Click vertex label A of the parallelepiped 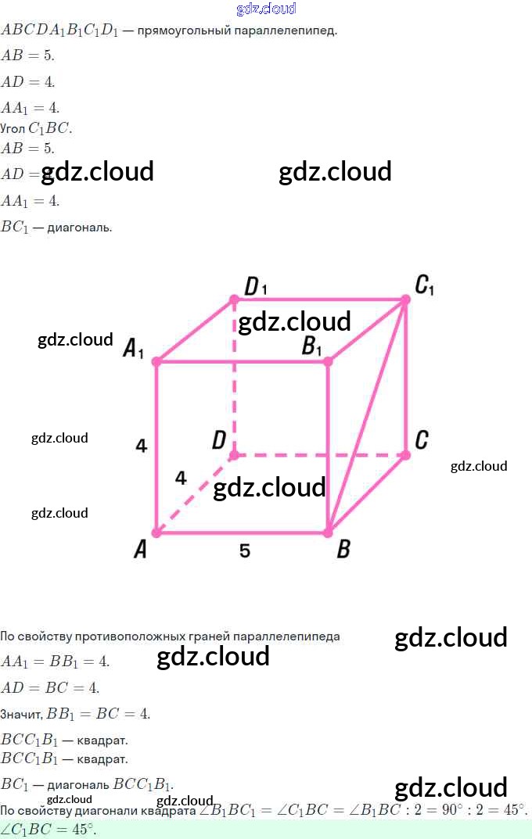pyautogui.click(x=140, y=550)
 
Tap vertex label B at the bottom pyautogui.click(x=343, y=550)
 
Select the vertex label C pyautogui.click(x=421, y=440)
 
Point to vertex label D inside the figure pyautogui.click(x=219, y=441)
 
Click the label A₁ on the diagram pyautogui.click(x=134, y=349)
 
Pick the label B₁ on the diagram pyautogui.click(x=312, y=346)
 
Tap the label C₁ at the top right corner pyautogui.click(x=425, y=286)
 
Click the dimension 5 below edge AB pyautogui.click(x=245, y=551)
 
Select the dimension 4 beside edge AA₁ pyautogui.click(x=141, y=446)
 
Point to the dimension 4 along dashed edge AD pyautogui.click(x=181, y=478)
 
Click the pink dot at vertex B pyautogui.click(x=328, y=532)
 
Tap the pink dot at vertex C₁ pyautogui.click(x=405, y=299)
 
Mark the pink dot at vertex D pyautogui.click(x=234, y=454)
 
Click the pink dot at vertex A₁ pyautogui.click(x=156, y=361)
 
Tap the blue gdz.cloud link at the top pyautogui.click(x=266, y=9)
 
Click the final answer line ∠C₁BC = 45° pyautogui.click(x=49, y=830)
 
